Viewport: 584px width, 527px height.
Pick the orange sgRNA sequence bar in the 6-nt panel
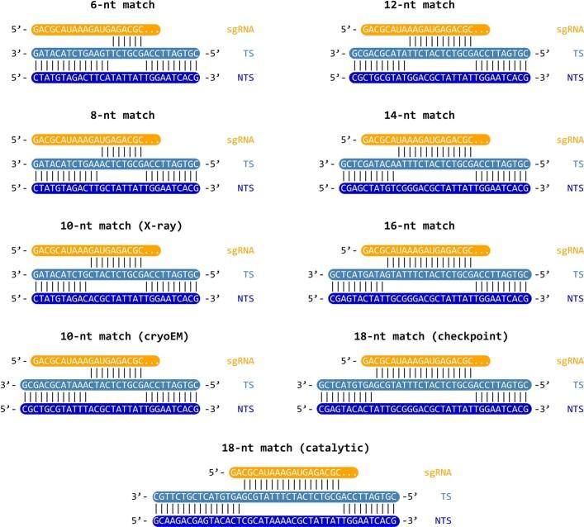pos(96,30)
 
